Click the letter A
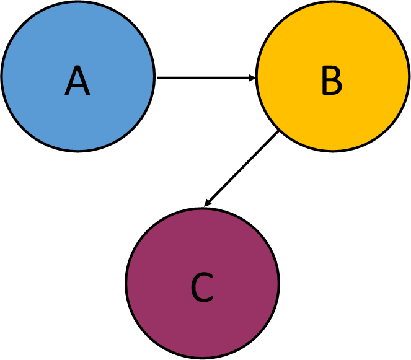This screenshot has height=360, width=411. (77, 81)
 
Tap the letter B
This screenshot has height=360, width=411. (332, 81)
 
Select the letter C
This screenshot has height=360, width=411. (202, 288)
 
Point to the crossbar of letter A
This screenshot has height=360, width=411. (77, 87)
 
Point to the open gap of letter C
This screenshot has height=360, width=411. (210, 288)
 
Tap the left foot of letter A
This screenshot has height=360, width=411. (66, 95)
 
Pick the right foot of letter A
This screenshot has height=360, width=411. (88, 95)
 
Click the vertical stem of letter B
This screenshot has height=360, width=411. (324, 81)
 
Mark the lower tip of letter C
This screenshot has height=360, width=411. (212, 299)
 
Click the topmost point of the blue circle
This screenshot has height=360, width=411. (77, 3)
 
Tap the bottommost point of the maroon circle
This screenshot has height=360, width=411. (202, 356)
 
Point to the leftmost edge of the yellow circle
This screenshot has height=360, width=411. (259, 76)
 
